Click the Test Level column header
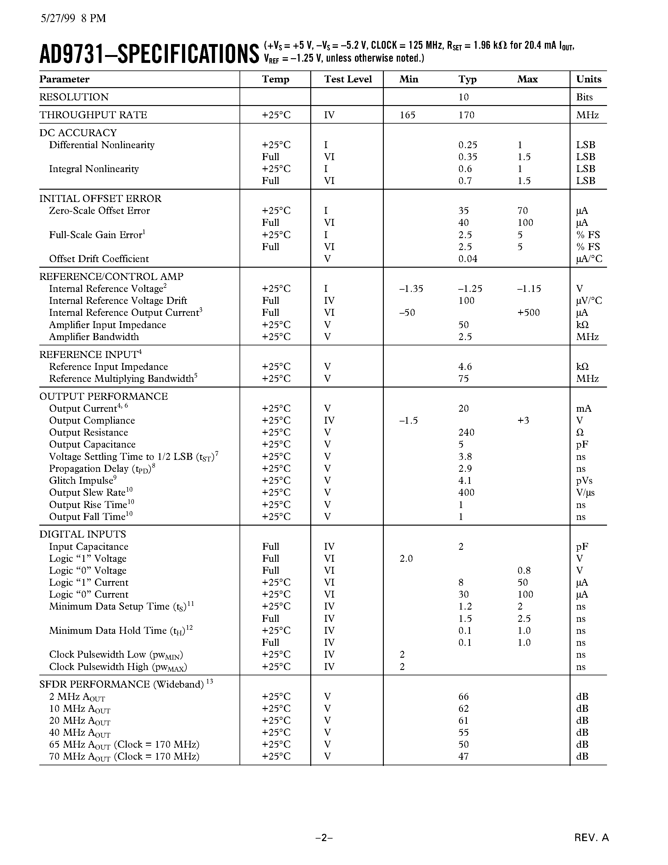click(348, 79)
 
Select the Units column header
click(588, 79)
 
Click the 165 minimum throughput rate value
click(407, 115)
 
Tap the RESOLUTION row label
click(74, 97)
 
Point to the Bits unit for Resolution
click(584, 97)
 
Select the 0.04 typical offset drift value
click(468, 259)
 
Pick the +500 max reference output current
click(528, 313)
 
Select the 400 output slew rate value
click(466, 493)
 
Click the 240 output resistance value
click(466, 433)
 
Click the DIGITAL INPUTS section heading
click(82, 534)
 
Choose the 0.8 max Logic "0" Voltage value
click(524, 571)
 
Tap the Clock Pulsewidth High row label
click(118, 667)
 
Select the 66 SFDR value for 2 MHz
click(463, 697)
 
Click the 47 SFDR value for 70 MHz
click(463, 756)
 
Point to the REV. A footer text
click(591, 838)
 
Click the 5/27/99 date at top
click(58, 19)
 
